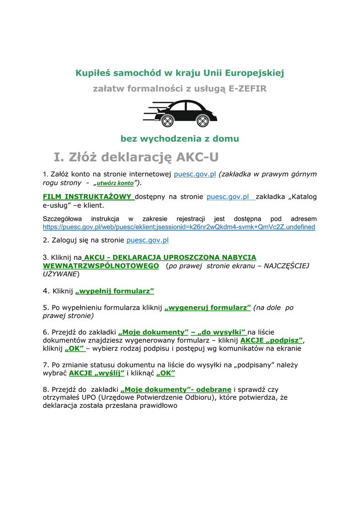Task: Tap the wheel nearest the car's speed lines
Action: pyautogui.click(x=168, y=121)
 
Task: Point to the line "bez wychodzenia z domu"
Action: pyautogui.click(x=180, y=139)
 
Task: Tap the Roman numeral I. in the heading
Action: pyautogui.click(x=59, y=157)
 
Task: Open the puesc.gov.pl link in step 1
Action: pyautogui.click(x=195, y=174)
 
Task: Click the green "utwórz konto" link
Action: pyautogui.click(x=115, y=183)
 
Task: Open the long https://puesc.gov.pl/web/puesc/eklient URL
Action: pyautogui.click(x=179, y=227)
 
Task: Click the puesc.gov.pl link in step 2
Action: pyautogui.click(x=147, y=240)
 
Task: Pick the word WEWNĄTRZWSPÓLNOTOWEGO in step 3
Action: pyautogui.click(x=101, y=266)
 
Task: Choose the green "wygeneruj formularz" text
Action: pyautogui.click(x=207, y=308)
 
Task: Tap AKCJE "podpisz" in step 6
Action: pyautogui.click(x=272, y=340)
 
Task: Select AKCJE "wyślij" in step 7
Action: pyautogui.click(x=96, y=373)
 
